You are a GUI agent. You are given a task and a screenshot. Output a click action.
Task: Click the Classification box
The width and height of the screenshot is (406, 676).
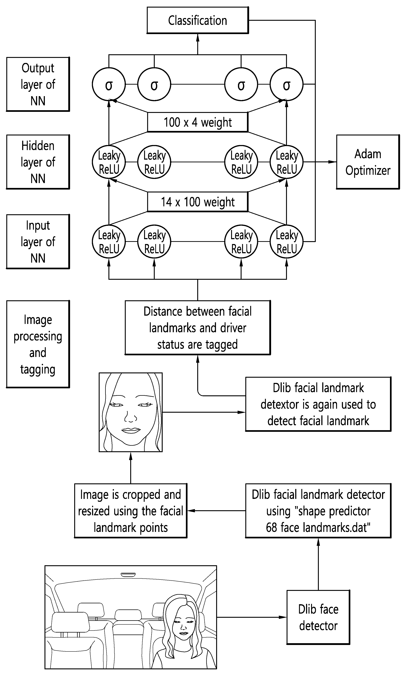pyautogui.click(x=198, y=20)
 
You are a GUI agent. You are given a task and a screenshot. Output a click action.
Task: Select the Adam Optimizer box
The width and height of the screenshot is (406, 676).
pyautogui.click(x=368, y=162)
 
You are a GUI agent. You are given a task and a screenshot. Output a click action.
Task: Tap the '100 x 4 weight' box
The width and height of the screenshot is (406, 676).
pyautogui.click(x=198, y=122)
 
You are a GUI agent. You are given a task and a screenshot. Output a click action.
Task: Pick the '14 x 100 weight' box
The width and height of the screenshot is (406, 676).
pyautogui.click(x=198, y=202)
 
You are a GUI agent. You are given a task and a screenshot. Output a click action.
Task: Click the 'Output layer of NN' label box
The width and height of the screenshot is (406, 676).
pyautogui.click(x=38, y=84)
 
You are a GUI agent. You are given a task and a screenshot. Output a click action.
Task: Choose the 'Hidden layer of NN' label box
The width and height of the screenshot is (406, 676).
pyautogui.click(x=38, y=162)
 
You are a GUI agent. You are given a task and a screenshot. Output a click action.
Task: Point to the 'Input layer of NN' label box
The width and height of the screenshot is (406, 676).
pyautogui.click(x=38, y=242)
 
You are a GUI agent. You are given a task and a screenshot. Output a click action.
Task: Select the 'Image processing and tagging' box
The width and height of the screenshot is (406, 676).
pyautogui.click(x=38, y=344)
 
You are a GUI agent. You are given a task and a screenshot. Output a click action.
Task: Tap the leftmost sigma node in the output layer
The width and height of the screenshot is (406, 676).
pyautogui.click(x=109, y=84)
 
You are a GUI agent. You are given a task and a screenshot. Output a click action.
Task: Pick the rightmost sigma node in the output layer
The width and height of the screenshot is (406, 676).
pyautogui.click(x=286, y=84)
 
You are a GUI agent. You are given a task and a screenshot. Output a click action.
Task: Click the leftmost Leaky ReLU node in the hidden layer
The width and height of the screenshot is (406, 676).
pyautogui.click(x=109, y=162)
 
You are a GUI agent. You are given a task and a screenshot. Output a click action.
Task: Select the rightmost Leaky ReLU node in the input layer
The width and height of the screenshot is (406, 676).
pyautogui.click(x=286, y=242)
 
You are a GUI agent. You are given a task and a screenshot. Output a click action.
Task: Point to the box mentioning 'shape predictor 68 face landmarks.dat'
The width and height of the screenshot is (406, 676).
pyautogui.click(x=318, y=511)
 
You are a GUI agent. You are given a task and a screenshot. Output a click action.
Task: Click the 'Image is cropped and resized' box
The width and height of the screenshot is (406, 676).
pyautogui.click(x=130, y=511)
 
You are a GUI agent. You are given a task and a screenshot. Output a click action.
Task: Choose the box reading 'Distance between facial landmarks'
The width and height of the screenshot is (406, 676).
pyautogui.click(x=198, y=328)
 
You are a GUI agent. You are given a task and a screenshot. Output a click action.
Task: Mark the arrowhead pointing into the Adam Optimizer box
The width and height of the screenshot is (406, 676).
pyautogui.click(x=332, y=162)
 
